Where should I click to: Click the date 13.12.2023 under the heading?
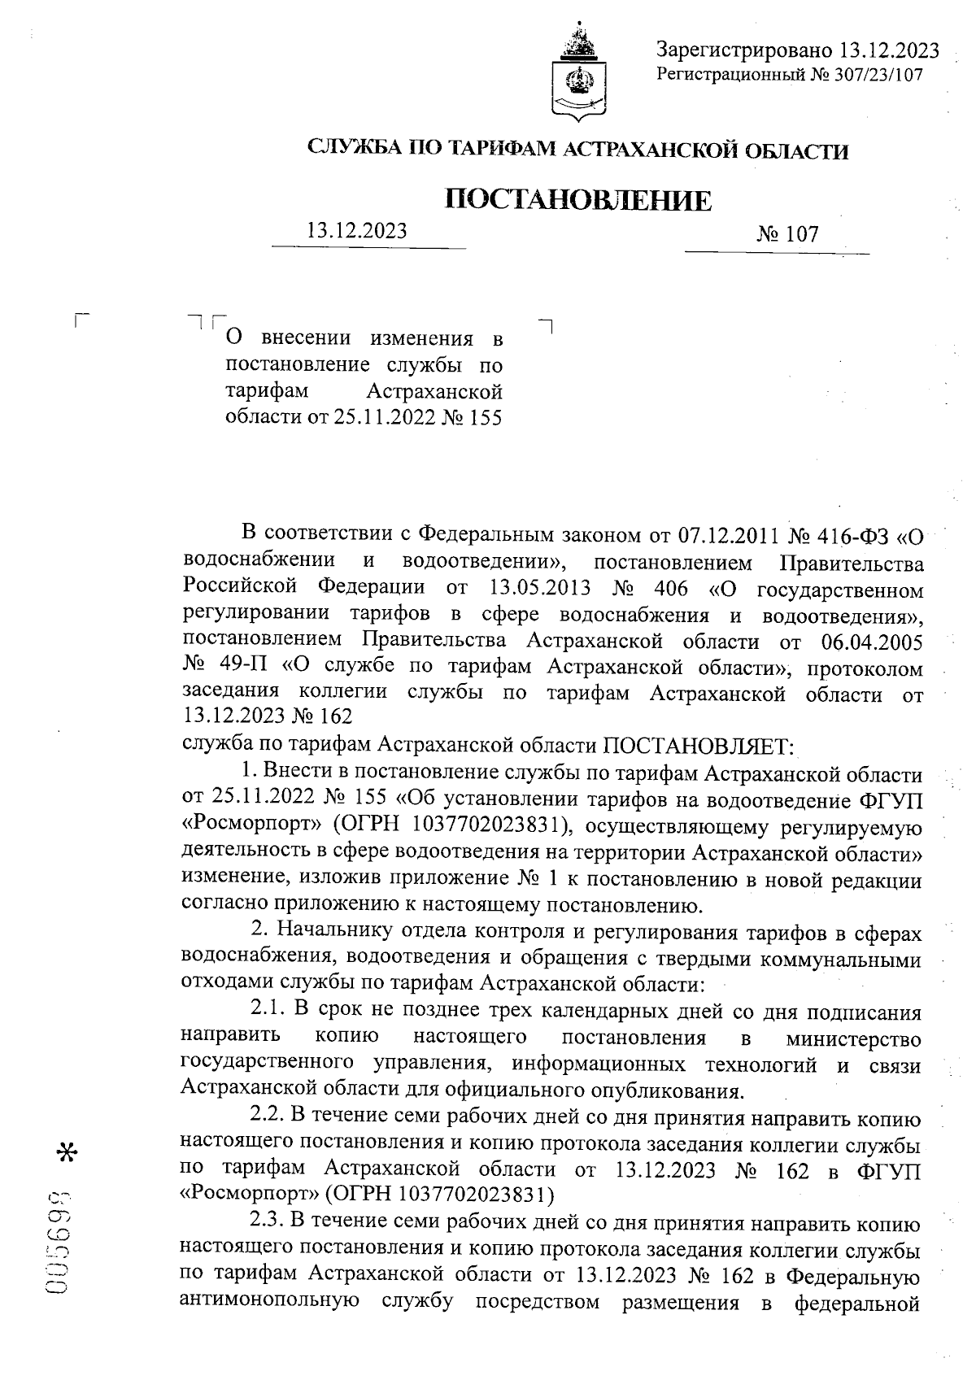click(x=356, y=231)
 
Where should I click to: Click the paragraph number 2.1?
click(x=266, y=1011)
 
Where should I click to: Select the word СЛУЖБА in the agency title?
click(x=351, y=150)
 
